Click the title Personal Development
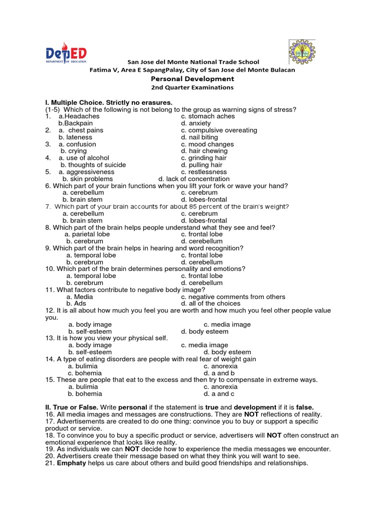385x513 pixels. pos(192,79)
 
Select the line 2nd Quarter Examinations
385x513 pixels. pos(192,87)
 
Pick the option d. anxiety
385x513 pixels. pos(196,123)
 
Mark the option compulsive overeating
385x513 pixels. pos(219,130)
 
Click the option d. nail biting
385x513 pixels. pos(200,137)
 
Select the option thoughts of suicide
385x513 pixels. pos(93,165)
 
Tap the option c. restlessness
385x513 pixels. pos(204,172)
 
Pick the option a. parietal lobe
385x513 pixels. pos(90,234)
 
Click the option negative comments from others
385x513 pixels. pos(233,297)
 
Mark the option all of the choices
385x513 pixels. pos(211,304)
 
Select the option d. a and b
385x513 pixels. pos(219,373)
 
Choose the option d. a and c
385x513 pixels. pos(219,394)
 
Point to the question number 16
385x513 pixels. pos(50,415)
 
